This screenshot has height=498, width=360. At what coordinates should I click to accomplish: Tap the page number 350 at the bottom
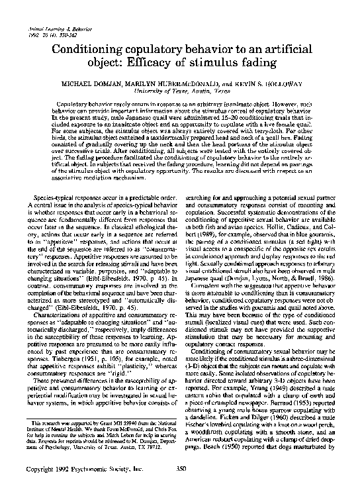tap(179, 487)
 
